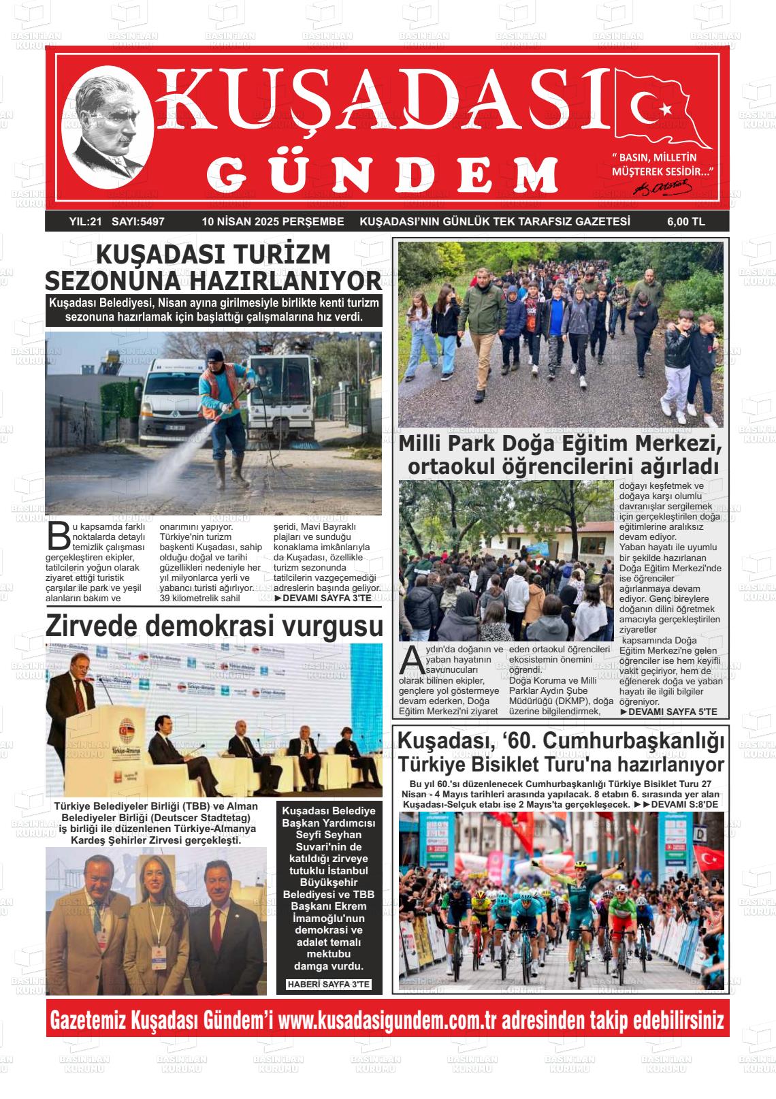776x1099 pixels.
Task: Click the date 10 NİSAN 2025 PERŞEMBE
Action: [x=273, y=221]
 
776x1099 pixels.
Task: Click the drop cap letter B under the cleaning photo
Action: [x=59, y=536]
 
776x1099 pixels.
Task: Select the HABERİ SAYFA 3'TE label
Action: [x=329, y=985]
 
